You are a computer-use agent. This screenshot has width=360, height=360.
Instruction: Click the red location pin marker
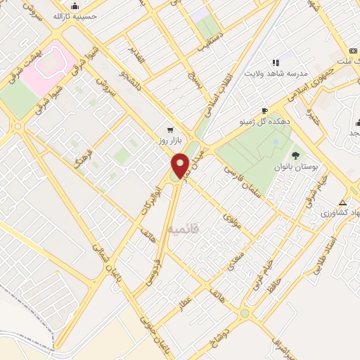coord(180,165)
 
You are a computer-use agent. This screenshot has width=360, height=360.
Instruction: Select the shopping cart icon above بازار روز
coord(170,130)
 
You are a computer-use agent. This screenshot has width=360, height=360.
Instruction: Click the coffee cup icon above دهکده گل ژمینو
coord(264,110)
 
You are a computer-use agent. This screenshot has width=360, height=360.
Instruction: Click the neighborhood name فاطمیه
coord(185,229)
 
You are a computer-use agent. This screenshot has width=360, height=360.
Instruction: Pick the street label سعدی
coord(236,261)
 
